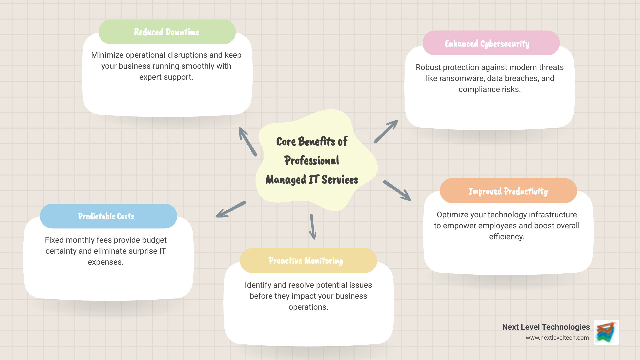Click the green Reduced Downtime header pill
point(167,32)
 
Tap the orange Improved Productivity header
point(508,191)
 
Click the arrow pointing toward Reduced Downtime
point(248,142)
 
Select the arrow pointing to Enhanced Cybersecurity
point(386,132)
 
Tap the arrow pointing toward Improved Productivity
point(397,191)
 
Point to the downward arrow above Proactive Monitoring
point(313,227)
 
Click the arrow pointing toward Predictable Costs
point(230,210)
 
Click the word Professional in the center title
point(312,161)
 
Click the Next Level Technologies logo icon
point(606,332)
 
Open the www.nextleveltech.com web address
point(557,338)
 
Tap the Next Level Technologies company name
point(546,327)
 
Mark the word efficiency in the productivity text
point(506,237)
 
